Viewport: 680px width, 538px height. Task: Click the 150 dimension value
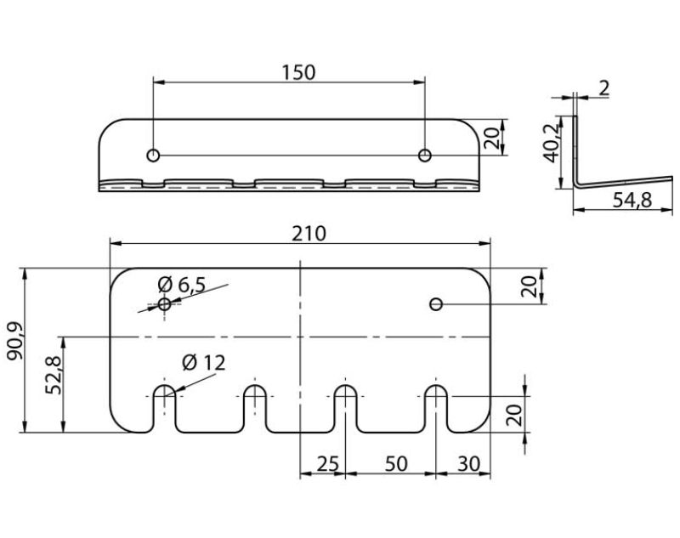click(x=298, y=72)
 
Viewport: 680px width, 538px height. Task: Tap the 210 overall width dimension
click(x=309, y=234)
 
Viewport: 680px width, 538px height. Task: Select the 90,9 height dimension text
click(x=16, y=341)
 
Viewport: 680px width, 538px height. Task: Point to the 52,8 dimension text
click(x=54, y=375)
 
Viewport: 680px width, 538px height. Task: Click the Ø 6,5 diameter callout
click(x=182, y=285)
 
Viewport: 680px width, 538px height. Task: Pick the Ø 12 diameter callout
click(x=204, y=362)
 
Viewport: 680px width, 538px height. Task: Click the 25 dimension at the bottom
click(x=327, y=464)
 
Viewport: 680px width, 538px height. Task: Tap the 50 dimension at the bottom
click(x=396, y=464)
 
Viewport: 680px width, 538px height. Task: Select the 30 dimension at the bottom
click(x=469, y=464)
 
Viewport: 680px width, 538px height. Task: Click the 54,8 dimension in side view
click(x=632, y=200)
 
